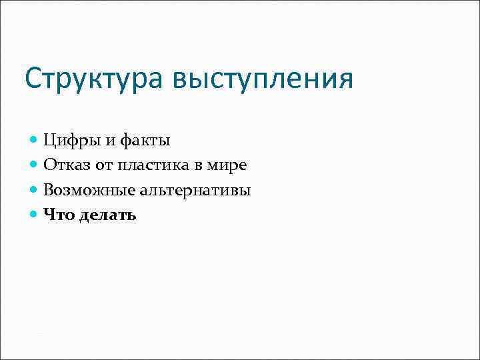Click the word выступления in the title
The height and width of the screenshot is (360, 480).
tap(263, 79)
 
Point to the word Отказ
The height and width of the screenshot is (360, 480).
tap(65, 165)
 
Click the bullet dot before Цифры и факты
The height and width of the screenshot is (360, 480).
tap(35, 141)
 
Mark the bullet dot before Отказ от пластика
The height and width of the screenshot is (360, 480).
tap(35, 165)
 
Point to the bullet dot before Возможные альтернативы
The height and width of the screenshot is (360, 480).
tap(35, 190)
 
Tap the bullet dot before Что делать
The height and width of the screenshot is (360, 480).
tap(35, 215)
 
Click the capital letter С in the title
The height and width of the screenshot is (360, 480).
tap(33, 79)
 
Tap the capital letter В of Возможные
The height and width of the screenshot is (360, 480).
tap(49, 189)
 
